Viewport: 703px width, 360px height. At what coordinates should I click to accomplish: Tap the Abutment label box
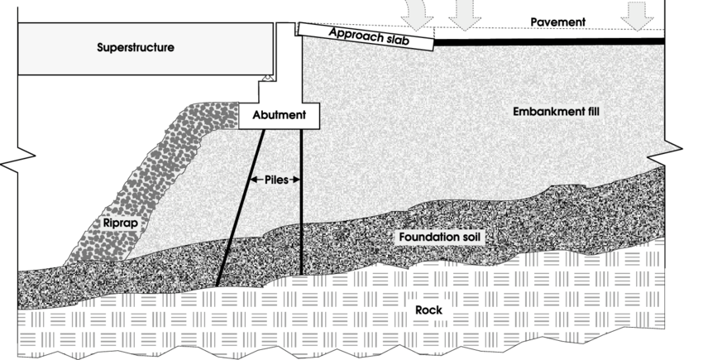(279, 117)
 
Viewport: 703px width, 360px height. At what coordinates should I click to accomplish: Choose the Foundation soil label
(440, 238)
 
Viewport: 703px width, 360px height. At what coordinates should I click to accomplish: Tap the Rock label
(429, 310)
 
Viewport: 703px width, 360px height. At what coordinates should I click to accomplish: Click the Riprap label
(121, 223)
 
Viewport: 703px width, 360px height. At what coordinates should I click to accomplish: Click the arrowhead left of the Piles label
(252, 178)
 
